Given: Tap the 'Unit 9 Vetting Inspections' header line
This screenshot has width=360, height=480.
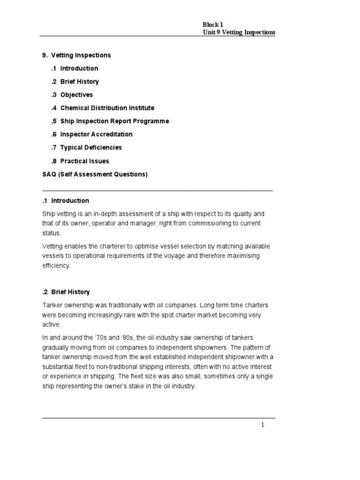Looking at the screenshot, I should (239, 32).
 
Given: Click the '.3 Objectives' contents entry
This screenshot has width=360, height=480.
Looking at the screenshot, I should (72, 95).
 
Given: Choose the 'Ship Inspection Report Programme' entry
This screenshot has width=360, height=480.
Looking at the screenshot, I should (114, 121).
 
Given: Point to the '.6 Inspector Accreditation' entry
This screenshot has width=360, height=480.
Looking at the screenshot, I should (92, 134).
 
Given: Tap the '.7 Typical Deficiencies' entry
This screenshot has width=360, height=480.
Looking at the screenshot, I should (86, 147).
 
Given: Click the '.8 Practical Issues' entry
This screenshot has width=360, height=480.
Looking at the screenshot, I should (80, 161).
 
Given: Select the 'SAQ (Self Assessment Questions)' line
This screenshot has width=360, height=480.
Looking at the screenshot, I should (95, 174).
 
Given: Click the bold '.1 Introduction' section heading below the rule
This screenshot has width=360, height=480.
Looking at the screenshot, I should (66, 201).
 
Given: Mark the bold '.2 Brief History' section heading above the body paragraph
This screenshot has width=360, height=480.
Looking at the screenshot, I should (66, 292).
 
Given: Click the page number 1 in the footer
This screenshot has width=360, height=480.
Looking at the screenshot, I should (263, 425).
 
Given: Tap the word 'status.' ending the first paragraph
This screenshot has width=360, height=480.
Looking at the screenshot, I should (52, 233).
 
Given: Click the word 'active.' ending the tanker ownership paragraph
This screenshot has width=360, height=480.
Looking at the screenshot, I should (52, 324).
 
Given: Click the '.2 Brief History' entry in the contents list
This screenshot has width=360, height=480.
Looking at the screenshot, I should (75, 82).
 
